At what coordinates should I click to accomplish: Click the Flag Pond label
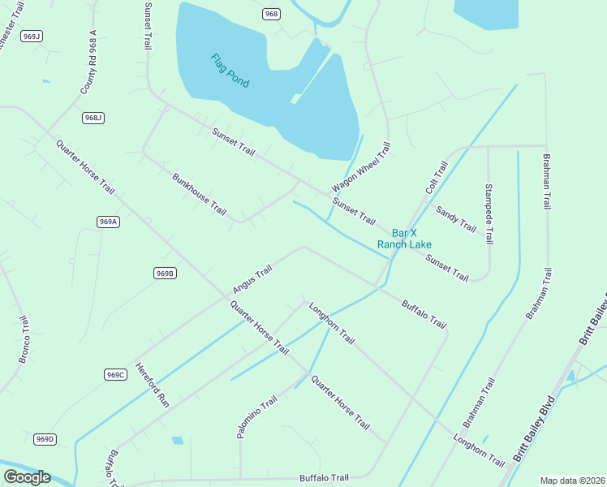pos(230,71)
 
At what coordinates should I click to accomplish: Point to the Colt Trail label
pos(437,178)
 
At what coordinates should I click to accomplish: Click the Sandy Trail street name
pos(456,218)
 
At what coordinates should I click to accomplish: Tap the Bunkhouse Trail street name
pos(199,192)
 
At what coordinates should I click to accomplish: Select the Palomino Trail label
pos(257,417)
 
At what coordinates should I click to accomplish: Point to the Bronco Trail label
pos(24,339)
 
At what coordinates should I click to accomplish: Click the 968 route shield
pos(271,14)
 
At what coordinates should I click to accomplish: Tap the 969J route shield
pos(32,36)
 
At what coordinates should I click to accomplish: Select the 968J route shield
pos(93,118)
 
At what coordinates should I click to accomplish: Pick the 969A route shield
pos(108,222)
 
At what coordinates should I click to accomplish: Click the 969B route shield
pos(164,274)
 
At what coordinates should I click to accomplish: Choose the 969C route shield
pos(115,374)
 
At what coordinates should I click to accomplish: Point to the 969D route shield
pos(45,439)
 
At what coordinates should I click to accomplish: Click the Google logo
pos(27,477)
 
